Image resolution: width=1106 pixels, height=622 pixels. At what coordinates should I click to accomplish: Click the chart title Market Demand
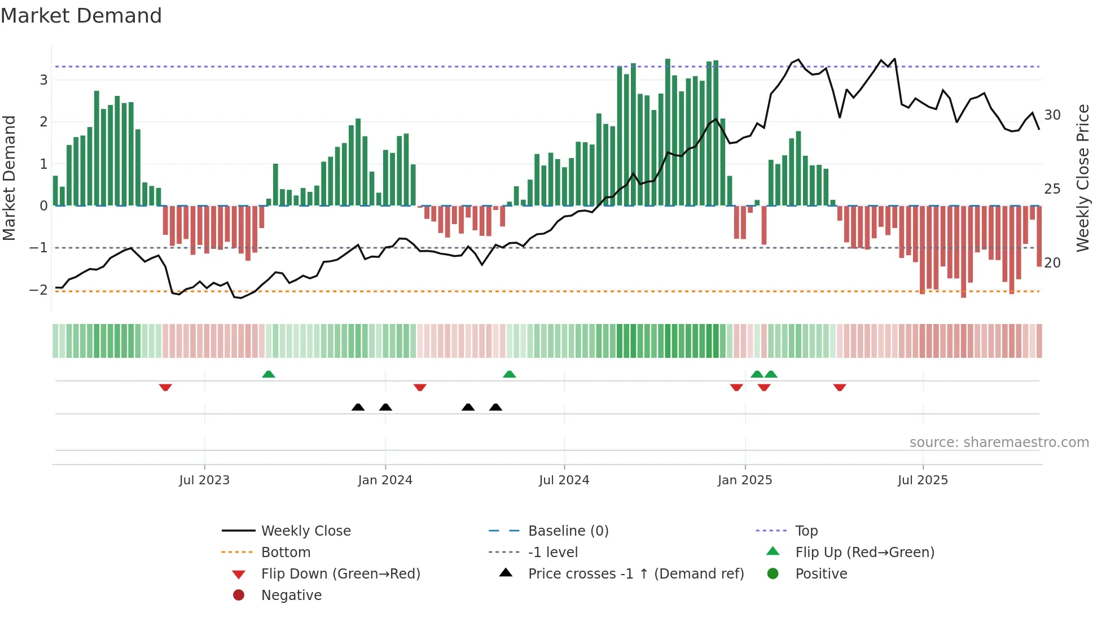tap(81, 16)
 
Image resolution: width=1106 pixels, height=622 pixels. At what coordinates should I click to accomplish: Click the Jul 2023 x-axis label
tap(204, 480)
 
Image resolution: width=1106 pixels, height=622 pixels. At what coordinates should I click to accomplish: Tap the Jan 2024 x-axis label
tap(385, 480)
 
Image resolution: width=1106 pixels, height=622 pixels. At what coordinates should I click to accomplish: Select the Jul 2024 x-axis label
tap(564, 480)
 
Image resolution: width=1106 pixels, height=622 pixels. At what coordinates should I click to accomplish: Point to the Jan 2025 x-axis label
tap(745, 480)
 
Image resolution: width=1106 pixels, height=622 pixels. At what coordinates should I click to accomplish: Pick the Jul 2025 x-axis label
tap(923, 480)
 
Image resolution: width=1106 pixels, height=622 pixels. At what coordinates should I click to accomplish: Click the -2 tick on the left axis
tap(38, 290)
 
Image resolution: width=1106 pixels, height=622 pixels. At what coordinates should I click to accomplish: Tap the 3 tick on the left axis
tap(43, 80)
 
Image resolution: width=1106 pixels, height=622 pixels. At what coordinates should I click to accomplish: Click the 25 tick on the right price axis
tap(1052, 189)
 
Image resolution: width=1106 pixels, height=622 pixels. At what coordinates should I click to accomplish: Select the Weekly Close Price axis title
tap(1082, 178)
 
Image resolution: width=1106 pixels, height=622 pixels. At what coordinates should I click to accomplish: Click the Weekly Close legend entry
tap(305, 531)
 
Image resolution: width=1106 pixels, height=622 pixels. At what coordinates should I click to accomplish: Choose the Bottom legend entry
tap(286, 553)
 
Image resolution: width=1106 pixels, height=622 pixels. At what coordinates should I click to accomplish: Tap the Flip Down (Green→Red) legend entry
tap(340, 574)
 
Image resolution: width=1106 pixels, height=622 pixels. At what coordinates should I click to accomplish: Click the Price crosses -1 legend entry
tap(635, 574)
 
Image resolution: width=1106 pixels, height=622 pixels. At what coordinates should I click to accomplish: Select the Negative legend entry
tap(291, 595)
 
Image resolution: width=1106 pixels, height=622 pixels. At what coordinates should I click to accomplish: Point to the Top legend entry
tap(806, 531)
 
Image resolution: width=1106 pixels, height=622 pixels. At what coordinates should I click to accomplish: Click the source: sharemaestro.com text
tap(999, 443)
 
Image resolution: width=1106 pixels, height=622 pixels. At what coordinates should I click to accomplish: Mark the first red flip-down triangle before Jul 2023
tap(165, 387)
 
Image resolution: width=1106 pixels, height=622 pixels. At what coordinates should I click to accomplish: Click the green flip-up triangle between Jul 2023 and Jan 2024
tap(269, 374)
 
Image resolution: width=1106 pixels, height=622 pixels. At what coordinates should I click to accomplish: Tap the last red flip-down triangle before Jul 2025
tap(840, 387)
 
